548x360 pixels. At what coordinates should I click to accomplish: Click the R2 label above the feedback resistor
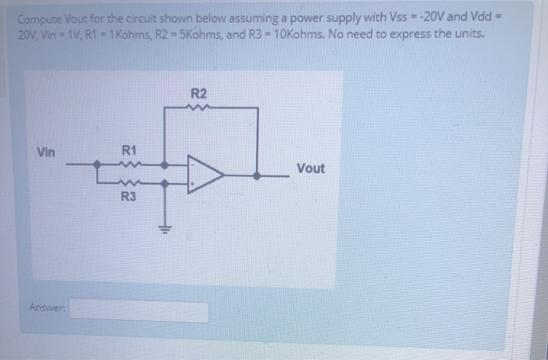point(199,93)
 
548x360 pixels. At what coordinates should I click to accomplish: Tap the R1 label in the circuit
point(129,149)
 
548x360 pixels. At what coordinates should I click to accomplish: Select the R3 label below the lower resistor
point(129,197)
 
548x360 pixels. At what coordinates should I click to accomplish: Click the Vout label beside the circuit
point(311,168)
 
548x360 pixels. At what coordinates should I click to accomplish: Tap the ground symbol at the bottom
point(165,229)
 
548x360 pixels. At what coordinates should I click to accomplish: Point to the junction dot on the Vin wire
point(96,165)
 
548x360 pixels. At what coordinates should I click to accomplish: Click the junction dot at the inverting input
point(165,165)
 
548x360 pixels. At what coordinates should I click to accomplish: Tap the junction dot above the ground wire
point(165,184)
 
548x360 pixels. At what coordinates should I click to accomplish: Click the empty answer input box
point(141,311)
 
